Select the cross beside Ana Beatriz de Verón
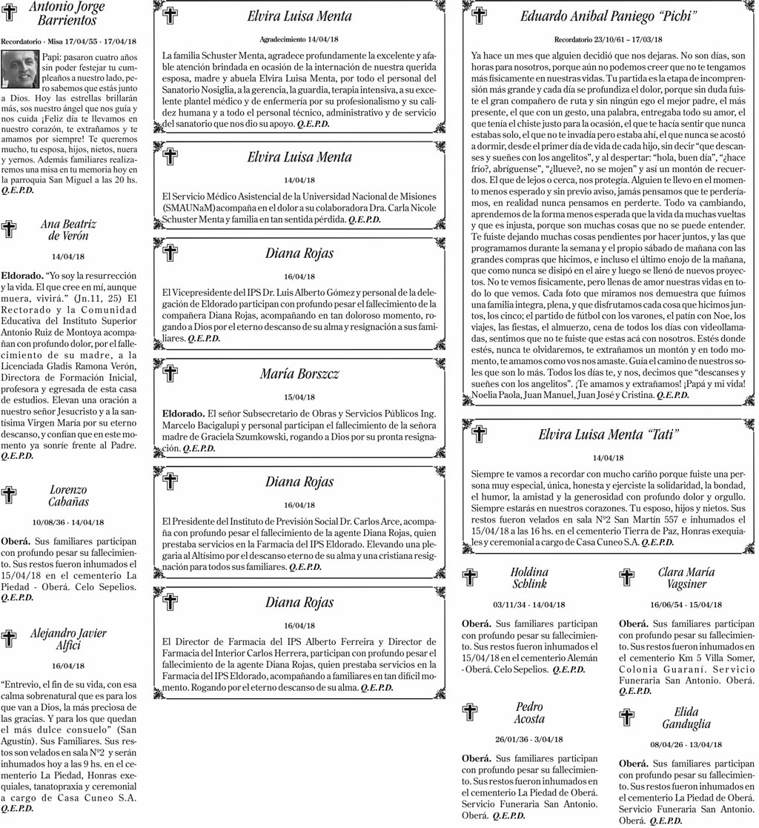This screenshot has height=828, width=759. click(x=10, y=229)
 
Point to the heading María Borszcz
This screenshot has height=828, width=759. click(x=299, y=374)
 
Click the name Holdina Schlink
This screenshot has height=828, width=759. click(x=529, y=577)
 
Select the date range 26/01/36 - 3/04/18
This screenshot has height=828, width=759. click(x=529, y=739)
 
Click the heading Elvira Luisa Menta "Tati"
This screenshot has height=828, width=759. click(x=609, y=434)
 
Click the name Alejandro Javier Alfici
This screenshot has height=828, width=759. click(x=68, y=639)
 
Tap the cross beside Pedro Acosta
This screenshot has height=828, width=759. click(x=470, y=712)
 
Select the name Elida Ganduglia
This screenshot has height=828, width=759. click(x=686, y=718)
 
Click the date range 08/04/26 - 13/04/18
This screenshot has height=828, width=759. click(x=686, y=744)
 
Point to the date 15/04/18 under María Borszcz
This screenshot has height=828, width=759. click(x=299, y=397)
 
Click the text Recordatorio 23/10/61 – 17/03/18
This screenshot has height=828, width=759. click(x=609, y=39)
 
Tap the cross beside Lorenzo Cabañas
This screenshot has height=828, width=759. click(x=10, y=495)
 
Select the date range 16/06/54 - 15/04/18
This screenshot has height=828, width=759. click(x=686, y=604)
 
